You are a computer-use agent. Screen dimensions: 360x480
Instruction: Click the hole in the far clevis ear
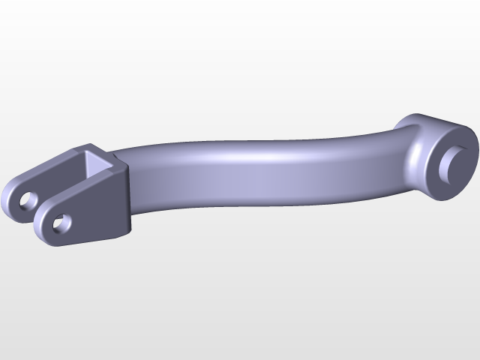pos(29,200)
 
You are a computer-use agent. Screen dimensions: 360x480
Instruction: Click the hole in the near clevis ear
pos(62,223)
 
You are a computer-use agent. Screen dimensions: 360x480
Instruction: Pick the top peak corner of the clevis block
pos(89,145)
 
